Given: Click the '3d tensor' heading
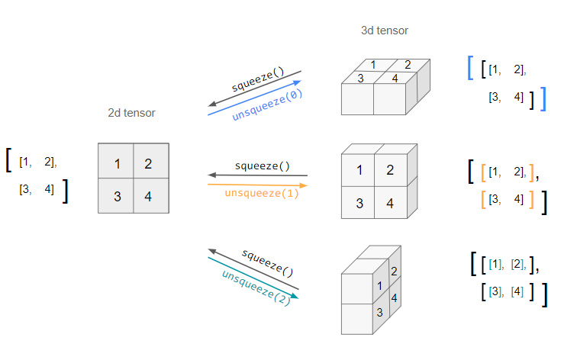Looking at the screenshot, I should pos(385,31).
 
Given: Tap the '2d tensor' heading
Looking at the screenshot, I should pos(131,113).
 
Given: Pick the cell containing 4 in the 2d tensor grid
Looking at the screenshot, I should pos(150,197).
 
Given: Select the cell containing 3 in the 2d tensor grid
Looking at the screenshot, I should pos(117,197).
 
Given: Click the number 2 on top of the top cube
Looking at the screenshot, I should pos(407,65).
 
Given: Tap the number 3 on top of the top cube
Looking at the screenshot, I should pos(360,77).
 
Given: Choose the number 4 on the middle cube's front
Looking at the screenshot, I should pos(390,203).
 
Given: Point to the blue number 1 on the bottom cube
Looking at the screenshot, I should pos(379,285).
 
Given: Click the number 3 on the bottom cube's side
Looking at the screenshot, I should pos(379,312).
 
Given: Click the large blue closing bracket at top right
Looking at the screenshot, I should pos(543,99).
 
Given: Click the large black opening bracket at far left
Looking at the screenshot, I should pos(8,160).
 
